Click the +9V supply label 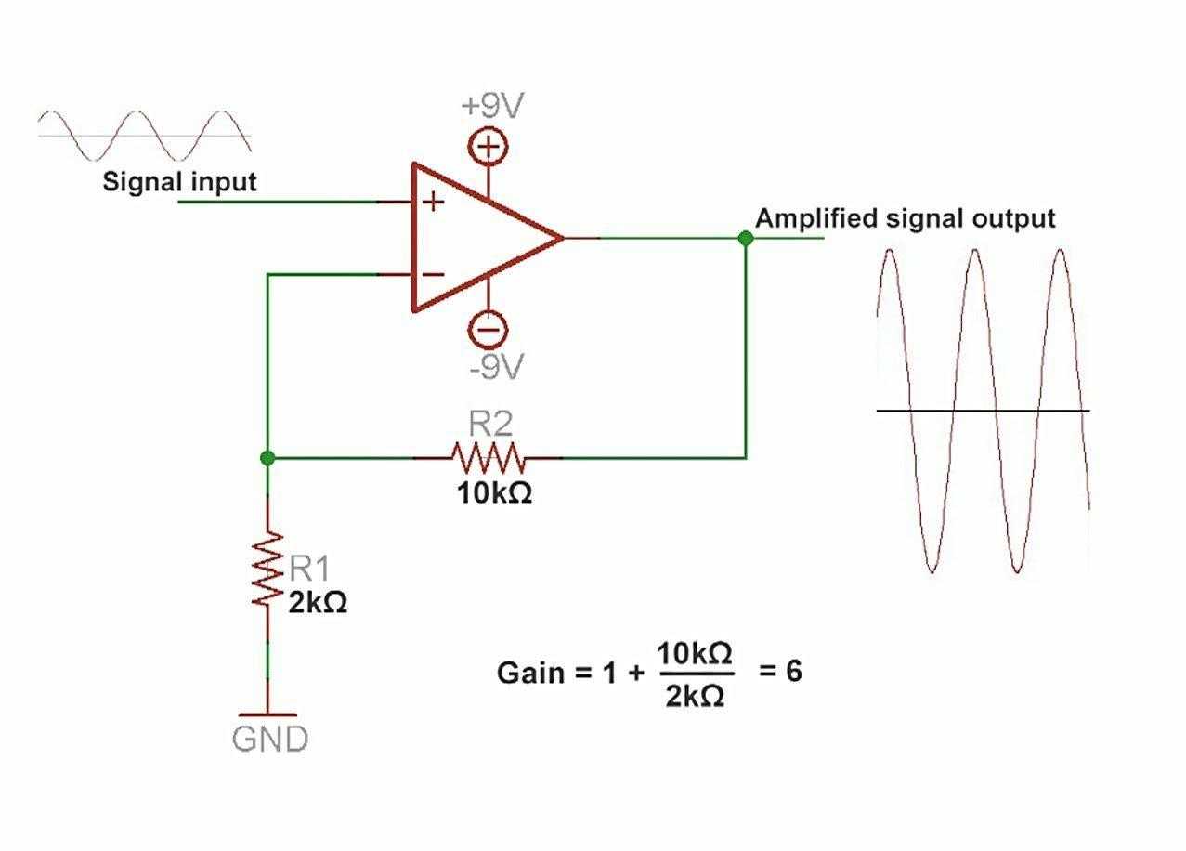(x=492, y=106)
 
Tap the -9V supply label (x=497, y=368)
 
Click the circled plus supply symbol (x=489, y=147)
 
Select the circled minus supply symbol (x=488, y=329)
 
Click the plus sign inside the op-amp (x=434, y=201)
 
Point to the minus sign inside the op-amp (x=434, y=275)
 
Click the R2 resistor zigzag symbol (x=489, y=458)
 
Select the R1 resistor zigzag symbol (x=268, y=570)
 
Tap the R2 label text (x=490, y=425)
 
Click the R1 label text (x=308, y=568)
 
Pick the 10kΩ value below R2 (x=494, y=493)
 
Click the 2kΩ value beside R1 (x=318, y=602)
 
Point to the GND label (x=269, y=740)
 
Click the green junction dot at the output (x=745, y=238)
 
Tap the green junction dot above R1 (x=267, y=458)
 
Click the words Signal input (x=179, y=181)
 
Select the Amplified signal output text (x=905, y=219)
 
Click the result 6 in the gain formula (x=793, y=670)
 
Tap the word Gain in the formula (x=530, y=673)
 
